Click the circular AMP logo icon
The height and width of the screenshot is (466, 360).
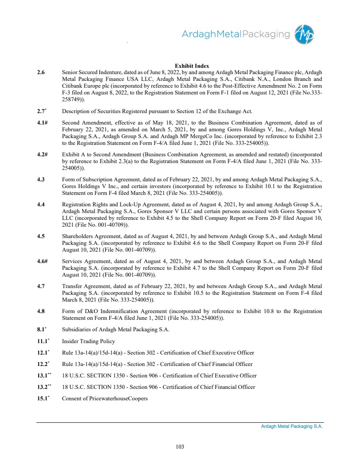[305, 34]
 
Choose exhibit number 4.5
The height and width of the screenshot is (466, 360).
[41, 236]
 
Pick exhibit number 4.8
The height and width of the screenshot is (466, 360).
[41, 311]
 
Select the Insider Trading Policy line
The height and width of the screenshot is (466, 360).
[88, 341]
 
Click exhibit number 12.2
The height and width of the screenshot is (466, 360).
[43, 364]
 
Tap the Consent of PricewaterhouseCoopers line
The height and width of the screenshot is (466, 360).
[105, 399]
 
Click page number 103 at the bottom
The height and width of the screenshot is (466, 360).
[180, 446]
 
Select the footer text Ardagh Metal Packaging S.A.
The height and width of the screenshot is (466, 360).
[292, 427]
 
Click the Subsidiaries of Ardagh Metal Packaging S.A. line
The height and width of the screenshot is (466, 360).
[116, 330]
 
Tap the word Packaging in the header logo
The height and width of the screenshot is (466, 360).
[266, 34]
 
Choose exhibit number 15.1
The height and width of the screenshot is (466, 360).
[43, 399]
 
